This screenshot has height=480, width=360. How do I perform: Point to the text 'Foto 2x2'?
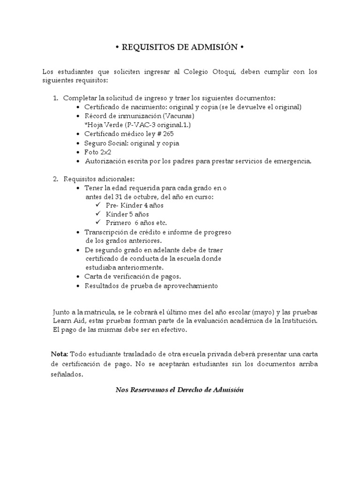98,152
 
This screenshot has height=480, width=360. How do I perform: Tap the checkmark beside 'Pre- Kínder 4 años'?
97,205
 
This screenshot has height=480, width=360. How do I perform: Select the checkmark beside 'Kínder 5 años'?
97,214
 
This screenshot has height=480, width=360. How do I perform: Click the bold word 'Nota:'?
60,353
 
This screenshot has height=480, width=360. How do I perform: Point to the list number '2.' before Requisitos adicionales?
55,179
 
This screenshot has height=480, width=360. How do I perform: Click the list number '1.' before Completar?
55,98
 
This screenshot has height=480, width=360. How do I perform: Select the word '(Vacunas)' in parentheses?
178,116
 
